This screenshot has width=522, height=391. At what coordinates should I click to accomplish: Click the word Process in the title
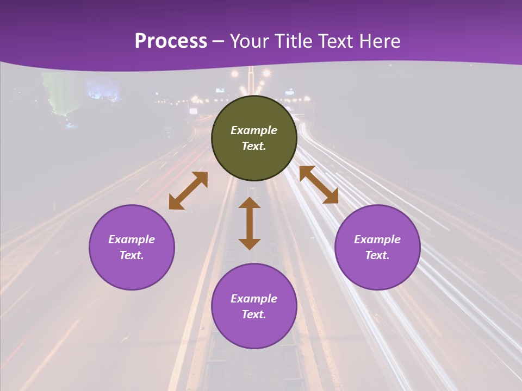point(171,41)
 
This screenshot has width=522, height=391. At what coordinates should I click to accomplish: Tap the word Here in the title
point(379,41)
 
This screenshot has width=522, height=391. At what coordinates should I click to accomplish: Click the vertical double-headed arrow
point(250,223)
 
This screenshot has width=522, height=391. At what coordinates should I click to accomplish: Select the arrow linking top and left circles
point(188,191)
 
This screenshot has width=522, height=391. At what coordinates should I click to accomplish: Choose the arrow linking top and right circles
point(319,185)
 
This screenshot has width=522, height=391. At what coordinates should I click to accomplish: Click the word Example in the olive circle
point(254,130)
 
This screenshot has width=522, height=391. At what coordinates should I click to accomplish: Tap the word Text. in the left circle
point(132,255)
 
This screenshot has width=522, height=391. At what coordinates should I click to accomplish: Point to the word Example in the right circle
point(377,239)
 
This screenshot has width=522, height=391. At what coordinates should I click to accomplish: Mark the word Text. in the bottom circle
point(254,314)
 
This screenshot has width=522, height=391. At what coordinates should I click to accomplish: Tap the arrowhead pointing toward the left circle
point(176,203)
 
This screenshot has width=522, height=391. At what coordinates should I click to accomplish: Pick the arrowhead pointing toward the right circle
point(331,197)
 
